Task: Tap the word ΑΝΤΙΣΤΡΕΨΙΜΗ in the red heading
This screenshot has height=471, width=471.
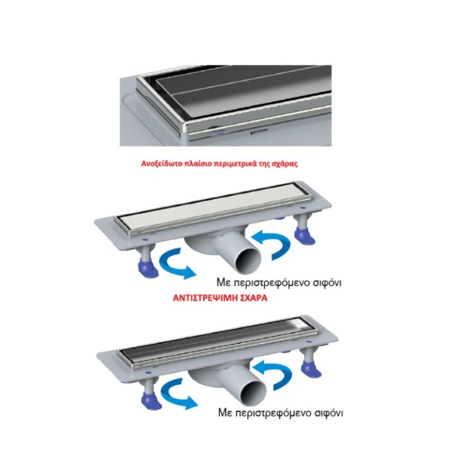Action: (204, 298)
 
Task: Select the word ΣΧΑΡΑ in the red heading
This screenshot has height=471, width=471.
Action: (253, 298)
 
